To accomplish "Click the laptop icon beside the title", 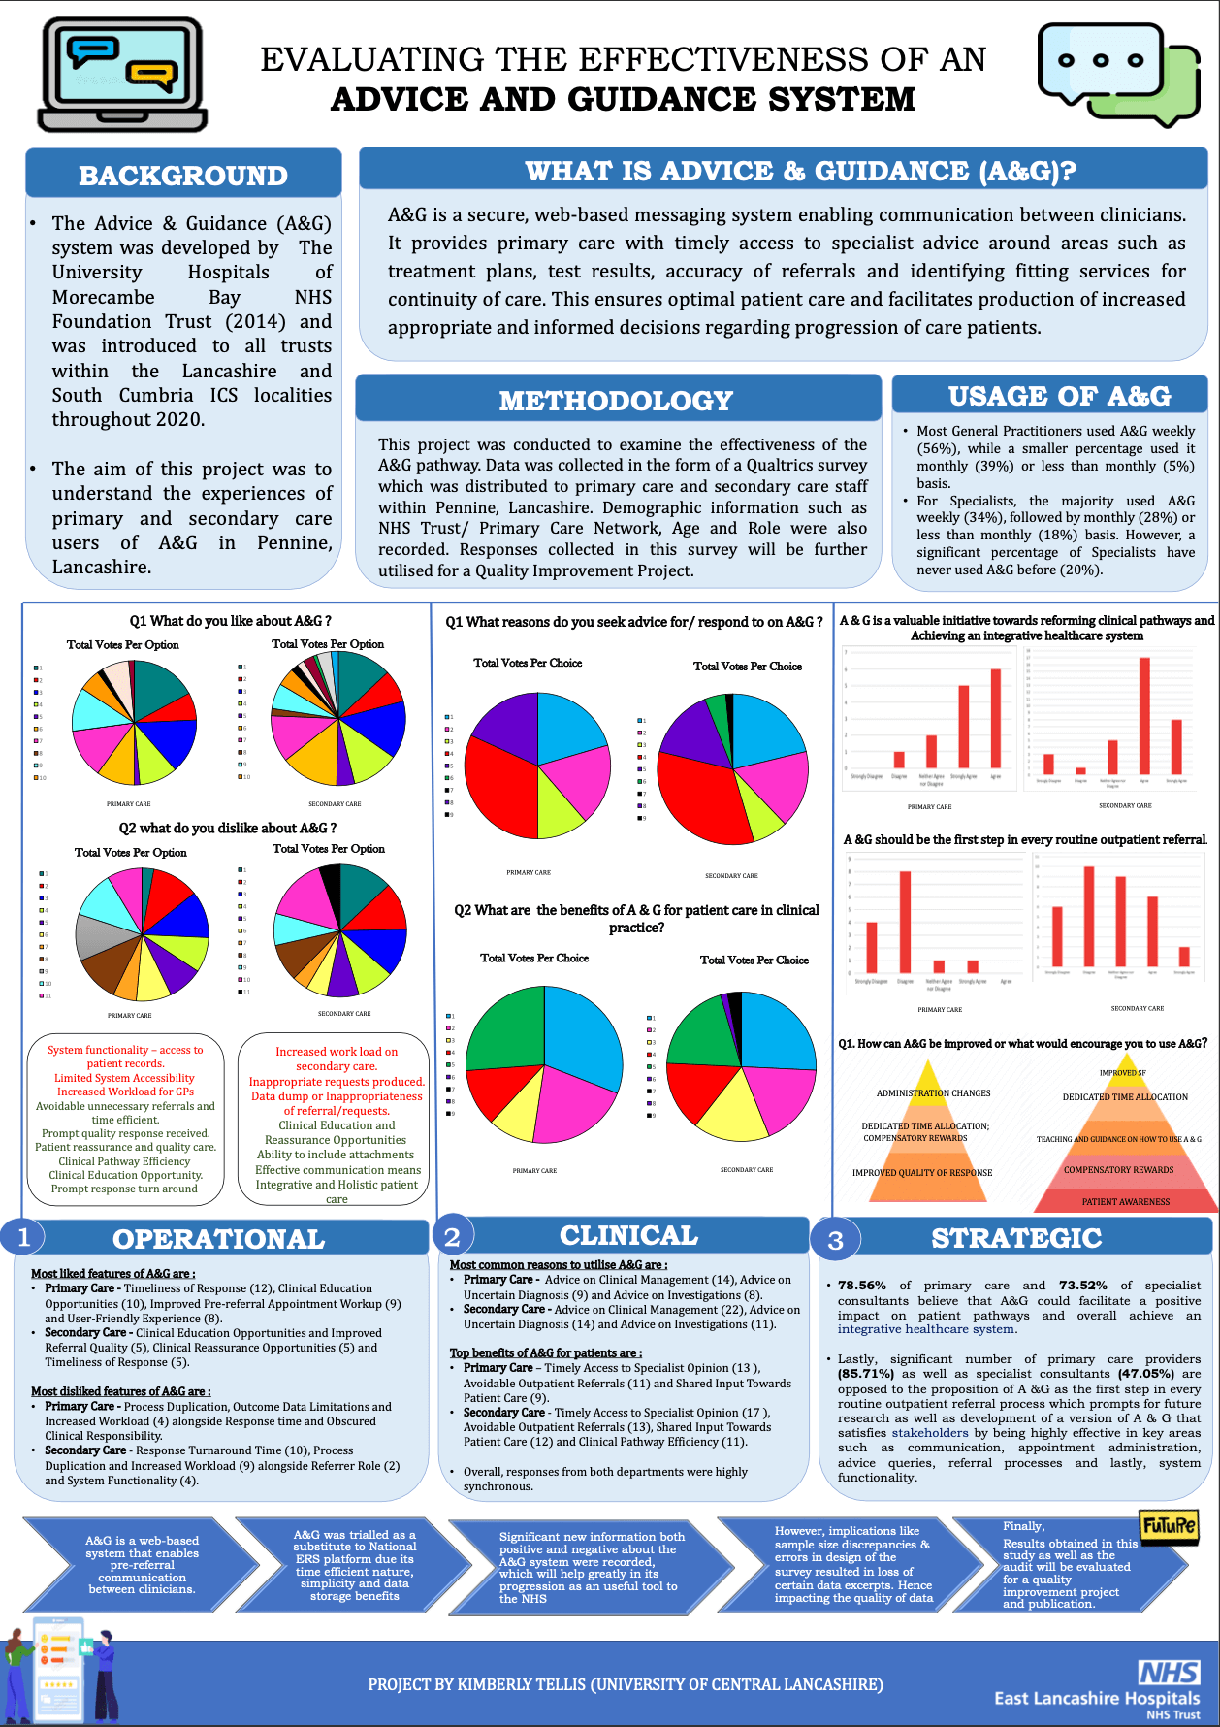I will pyautogui.click(x=123, y=75).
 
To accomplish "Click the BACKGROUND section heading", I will pyautogui.click(x=183, y=176).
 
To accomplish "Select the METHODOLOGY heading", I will pyautogui.click(x=616, y=401).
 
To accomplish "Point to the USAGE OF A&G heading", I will pyautogui.click(x=1059, y=396).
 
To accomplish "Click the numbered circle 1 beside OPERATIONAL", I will pyautogui.click(x=24, y=1236).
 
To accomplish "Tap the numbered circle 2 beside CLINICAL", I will pyautogui.click(x=452, y=1236).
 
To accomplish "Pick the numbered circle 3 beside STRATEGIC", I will pyautogui.click(x=835, y=1240).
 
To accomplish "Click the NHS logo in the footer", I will pyautogui.click(x=1169, y=1672).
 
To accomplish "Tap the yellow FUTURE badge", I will pyautogui.click(x=1169, y=1526).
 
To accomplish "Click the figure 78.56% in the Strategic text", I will pyautogui.click(x=862, y=1286).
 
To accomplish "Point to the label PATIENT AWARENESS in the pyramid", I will pyautogui.click(x=1126, y=1202).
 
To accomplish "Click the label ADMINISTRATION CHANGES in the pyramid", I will pyautogui.click(x=933, y=1093).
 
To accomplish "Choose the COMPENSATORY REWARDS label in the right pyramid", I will pyautogui.click(x=1118, y=1170).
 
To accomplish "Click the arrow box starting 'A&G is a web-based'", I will pyautogui.click(x=142, y=1564).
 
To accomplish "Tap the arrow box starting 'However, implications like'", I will pyautogui.click(x=853, y=1564).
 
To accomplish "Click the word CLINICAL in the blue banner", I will pyautogui.click(x=628, y=1235).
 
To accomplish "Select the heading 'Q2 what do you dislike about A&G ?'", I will pyautogui.click(x=228, y=829).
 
